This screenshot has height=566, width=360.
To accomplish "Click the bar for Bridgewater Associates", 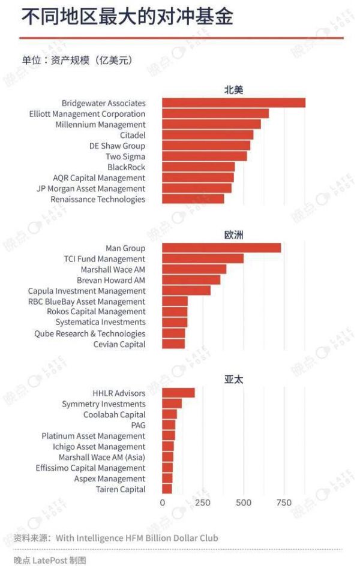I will (233, 103).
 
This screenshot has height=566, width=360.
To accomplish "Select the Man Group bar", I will (221, 248).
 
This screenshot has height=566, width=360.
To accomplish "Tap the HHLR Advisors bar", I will (178, 393).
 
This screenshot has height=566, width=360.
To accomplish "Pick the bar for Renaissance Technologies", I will (193, 199).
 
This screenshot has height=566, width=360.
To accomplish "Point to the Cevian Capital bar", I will (173, 344).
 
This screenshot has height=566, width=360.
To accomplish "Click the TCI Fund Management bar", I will (203, 259).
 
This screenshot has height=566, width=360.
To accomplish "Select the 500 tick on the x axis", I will (244, 502).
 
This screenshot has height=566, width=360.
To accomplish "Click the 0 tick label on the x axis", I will (163, 502).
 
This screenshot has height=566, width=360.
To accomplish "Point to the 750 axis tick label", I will (284, 502).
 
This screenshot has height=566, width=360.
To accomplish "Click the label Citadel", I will (132, 136).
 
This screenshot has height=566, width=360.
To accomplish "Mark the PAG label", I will (138, 425).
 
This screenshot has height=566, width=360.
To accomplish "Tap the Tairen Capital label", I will (121, 489).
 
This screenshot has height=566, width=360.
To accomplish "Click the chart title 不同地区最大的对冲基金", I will (127, 17).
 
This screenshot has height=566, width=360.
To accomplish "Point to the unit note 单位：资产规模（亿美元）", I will (77, 61).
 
